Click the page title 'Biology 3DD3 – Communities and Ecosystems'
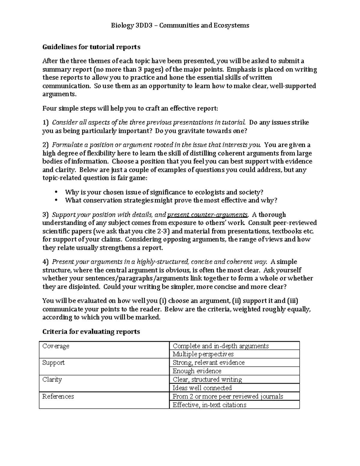pos(180,25)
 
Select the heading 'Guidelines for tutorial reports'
pos(91,47)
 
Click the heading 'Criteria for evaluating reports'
pos(91,332)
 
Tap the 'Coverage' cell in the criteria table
pos(56,346)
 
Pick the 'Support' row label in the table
pos(53,362)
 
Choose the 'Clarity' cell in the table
pos(52,379)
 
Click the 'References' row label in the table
pos(58,396)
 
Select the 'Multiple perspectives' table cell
pos(203,354)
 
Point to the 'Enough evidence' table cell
pos(197,371)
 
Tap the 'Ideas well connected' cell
pos(202,388)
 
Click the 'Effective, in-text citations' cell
pos(209,405)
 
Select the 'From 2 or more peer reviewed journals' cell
pos(228,396)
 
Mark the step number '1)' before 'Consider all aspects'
pos(45,122)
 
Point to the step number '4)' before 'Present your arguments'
pos(45,262)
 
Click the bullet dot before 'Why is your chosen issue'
pos(56,192)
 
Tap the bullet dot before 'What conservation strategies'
pos(56,200)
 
